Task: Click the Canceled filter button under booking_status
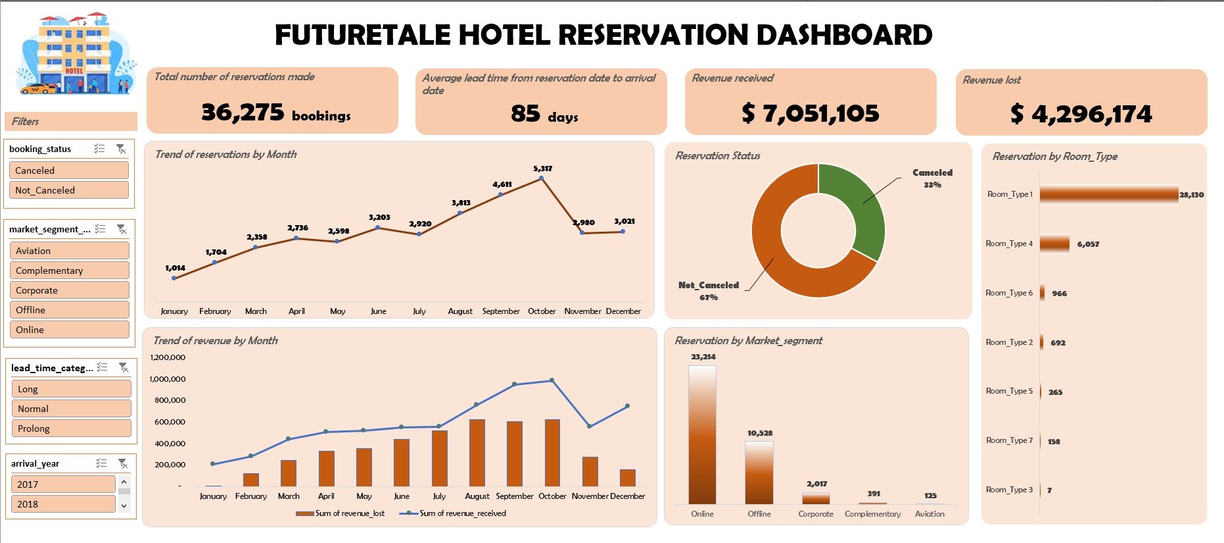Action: [68, 170]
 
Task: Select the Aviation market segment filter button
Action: [68, 251]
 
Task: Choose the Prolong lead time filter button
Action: [70, 428]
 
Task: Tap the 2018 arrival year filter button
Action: [62, 504]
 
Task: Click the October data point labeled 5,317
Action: [541, 178]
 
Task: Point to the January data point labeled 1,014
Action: [174, 278]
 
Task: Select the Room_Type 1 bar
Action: [1108, 194]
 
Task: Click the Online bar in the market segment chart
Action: [702, 434]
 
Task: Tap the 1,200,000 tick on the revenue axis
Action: [168, 357]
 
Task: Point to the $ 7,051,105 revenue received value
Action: [811, 113]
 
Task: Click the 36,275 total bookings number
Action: [243, 113]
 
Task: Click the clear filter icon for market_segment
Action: [122, 229]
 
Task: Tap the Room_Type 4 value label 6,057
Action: [1088, 244]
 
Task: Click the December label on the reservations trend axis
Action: [623, 311]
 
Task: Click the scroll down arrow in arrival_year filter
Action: [124, 505]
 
